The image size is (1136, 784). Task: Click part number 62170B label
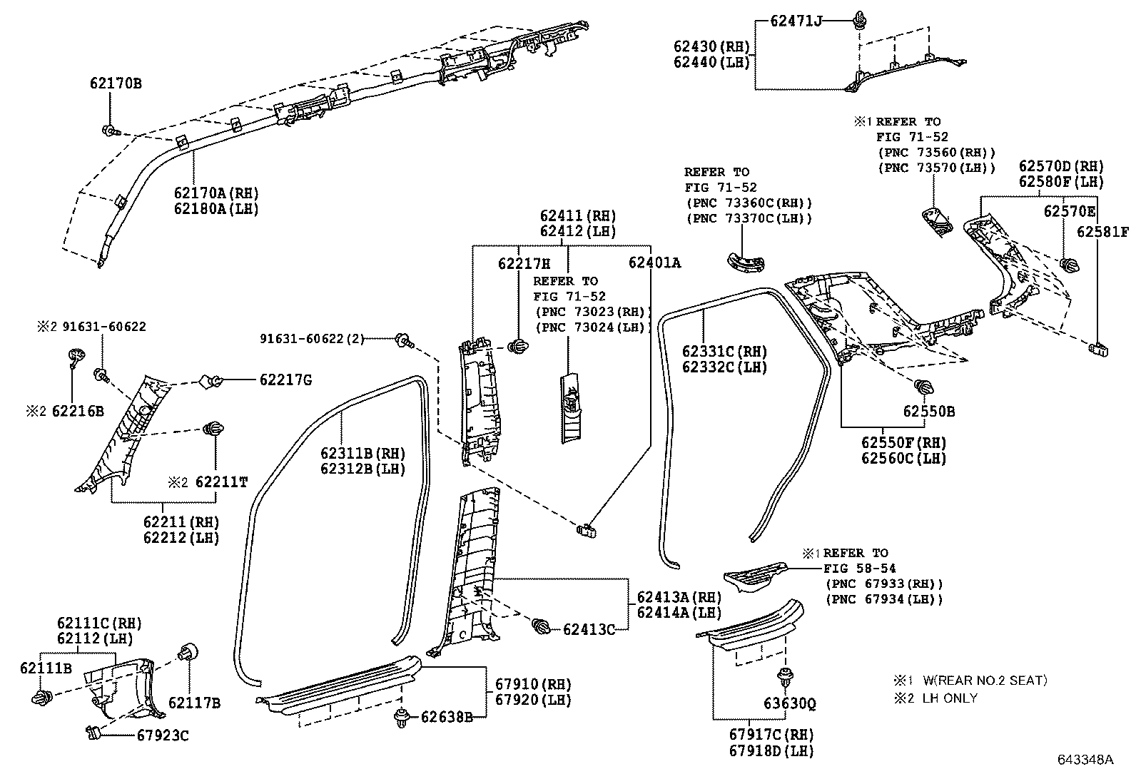tap(116, 83)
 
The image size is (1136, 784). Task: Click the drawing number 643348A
tap(1085, 760)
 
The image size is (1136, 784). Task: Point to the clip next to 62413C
tap(542, 627)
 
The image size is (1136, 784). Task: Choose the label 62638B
tap(446, 716)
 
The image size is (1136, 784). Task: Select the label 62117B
tap(194, 703)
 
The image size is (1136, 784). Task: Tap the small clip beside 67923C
tap(92, 730)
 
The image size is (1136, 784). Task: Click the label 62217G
tap(285, 380)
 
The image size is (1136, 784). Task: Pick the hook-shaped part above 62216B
tap(75, 355)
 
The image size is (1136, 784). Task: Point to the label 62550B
tap(928, 412)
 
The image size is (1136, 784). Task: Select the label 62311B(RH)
tap(362, 454)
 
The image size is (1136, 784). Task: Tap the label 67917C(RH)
tap(771, 734)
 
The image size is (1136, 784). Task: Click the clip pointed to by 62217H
tap(517, 347)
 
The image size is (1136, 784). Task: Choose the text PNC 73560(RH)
tap(935, 153)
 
